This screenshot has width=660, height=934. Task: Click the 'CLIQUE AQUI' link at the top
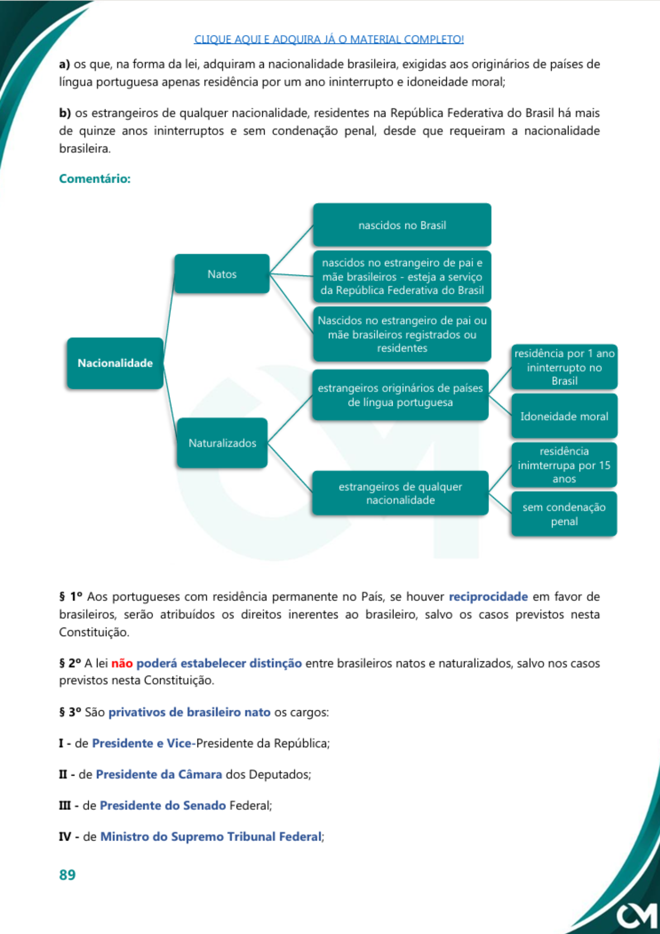(x=329, y=39)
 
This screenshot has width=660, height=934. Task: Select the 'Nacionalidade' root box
(x=115, y=363)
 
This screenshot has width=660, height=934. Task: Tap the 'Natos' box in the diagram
(x=222, y=274)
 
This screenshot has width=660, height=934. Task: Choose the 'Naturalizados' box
(x=222, y=443)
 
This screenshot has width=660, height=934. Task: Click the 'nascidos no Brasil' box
(x=402, y=225)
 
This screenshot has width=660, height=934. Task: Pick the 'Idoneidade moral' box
(x=564, y=416)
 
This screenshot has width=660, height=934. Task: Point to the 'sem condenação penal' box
(x=564, y=514)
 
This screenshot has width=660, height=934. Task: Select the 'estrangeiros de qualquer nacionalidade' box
(x=400, y=493)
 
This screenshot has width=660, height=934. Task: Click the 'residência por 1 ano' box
(x=564, y=367)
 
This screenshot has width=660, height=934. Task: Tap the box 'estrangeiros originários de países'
(x=400, y=395)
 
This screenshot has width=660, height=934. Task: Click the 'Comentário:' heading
(x=95, y=178)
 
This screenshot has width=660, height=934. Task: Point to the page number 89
(x=67, y=875)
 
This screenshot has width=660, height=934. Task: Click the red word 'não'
(x=122, y=663)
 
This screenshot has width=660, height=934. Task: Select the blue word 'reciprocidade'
(x=488, y=596)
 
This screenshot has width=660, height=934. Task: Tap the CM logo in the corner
(x=637, y=916)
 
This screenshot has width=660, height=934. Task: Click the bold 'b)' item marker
(x=65, y=113)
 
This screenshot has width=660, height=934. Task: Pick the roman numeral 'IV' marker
(x=65, y=836)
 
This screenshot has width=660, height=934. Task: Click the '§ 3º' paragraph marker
(x=70, y=712)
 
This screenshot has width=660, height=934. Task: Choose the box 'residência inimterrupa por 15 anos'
(x=564, y=465)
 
